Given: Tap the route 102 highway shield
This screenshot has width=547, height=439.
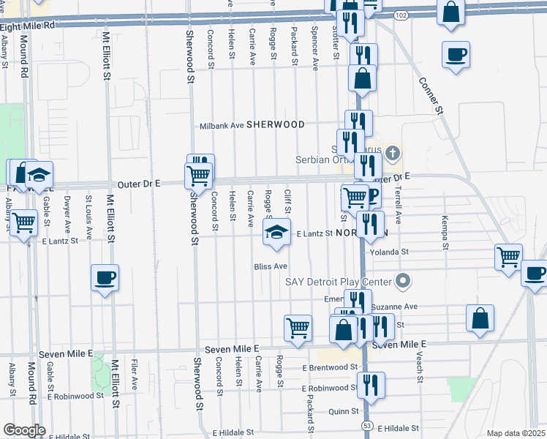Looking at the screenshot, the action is [401, 14].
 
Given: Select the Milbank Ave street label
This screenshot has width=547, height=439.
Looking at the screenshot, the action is [222, 125].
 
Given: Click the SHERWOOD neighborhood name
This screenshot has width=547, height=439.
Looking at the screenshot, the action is [275, 124].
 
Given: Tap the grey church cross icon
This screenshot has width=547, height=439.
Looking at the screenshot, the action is [393, 154].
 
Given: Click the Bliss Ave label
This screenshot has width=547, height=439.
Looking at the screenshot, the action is [271, 266].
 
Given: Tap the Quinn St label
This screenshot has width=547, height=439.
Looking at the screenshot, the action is [342, 411].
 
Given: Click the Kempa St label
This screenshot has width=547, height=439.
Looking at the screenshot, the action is [444, 233].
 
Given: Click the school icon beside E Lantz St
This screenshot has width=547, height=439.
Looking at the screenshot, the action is [276, 233].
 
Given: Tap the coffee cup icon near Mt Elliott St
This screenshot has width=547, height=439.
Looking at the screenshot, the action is [105, 277].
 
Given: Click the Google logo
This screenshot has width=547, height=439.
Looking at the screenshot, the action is [24, 430].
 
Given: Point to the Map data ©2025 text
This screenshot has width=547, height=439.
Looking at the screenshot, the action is [515, 433].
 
